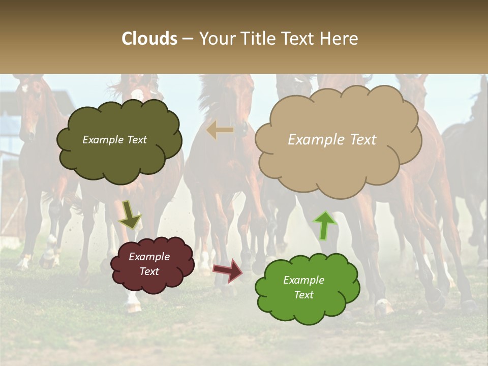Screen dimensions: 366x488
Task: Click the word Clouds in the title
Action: pyautogui.click(x=149, y=39)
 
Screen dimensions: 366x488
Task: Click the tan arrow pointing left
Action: pyautogui.click(x=220, y=131)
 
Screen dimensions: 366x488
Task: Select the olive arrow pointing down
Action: pyautogui.click(x=130, y=215)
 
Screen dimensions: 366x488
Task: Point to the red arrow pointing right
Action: pyautogui.click(x=228, y=269)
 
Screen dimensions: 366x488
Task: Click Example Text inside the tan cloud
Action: pyautogui.click(x=332, y=140)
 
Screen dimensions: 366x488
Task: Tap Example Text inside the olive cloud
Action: pyautogui.click(x=114, y=140)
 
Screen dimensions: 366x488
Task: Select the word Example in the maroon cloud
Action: pyautogui.click(x=149, y=257)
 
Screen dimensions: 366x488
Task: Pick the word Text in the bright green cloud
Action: pyautogui.click(x=303, y=295)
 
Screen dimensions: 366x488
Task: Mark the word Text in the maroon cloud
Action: pyautogui.click(x=149, y=271)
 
